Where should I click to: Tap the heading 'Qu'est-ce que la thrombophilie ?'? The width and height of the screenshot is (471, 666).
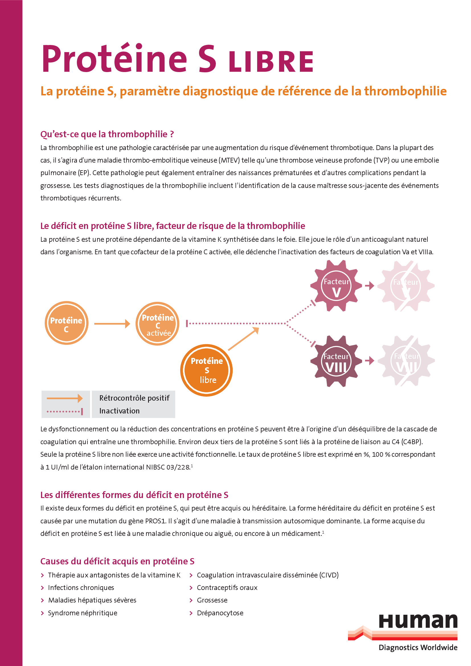pos(107,134)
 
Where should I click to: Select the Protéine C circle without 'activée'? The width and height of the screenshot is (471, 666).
pos(66,323)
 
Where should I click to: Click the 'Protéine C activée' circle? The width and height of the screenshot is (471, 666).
pos(157,324)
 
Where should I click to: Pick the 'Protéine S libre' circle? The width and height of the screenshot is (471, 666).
pos(206,370)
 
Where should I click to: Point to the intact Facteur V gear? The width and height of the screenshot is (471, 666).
pos(336,286)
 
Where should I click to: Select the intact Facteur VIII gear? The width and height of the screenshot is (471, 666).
pos(336,361)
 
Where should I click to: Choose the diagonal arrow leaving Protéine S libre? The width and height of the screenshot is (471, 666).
pos(243,339)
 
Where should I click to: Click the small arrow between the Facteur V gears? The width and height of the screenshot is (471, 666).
pos(370,286)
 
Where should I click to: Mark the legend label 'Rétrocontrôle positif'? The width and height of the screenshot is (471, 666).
pos(134,398)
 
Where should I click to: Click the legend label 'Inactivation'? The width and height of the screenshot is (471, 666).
pos(120,411)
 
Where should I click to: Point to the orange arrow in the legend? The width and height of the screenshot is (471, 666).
pos(64,398)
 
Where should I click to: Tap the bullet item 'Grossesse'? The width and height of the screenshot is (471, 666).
pos(212,600)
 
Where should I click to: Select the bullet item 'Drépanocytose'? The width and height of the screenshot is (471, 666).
pos(220,613)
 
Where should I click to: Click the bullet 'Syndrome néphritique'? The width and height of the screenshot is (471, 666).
pos(83,613)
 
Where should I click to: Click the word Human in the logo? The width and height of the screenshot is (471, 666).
pos(418,621)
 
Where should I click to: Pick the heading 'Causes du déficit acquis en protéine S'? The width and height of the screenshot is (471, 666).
pos(117,561)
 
